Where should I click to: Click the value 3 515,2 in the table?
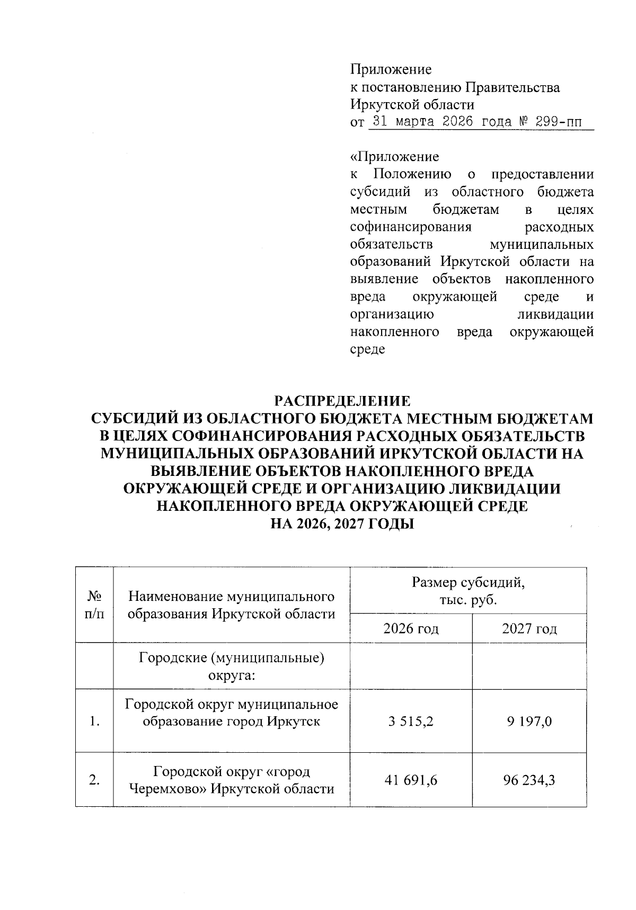tap(410, 720)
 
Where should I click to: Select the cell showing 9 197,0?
tap(528, 720)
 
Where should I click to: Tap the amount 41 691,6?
tap(410, 780)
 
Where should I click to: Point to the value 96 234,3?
tap(528, 780)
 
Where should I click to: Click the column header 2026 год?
tap(411, 628)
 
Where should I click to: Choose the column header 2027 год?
tap(529, 628)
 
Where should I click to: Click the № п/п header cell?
tap(94, 605)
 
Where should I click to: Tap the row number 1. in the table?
tap(94, 721)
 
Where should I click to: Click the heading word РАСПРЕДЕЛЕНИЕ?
tap(342, 400)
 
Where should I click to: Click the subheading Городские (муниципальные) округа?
tap(231, 666)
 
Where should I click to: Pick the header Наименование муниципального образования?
tap(231, 605)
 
